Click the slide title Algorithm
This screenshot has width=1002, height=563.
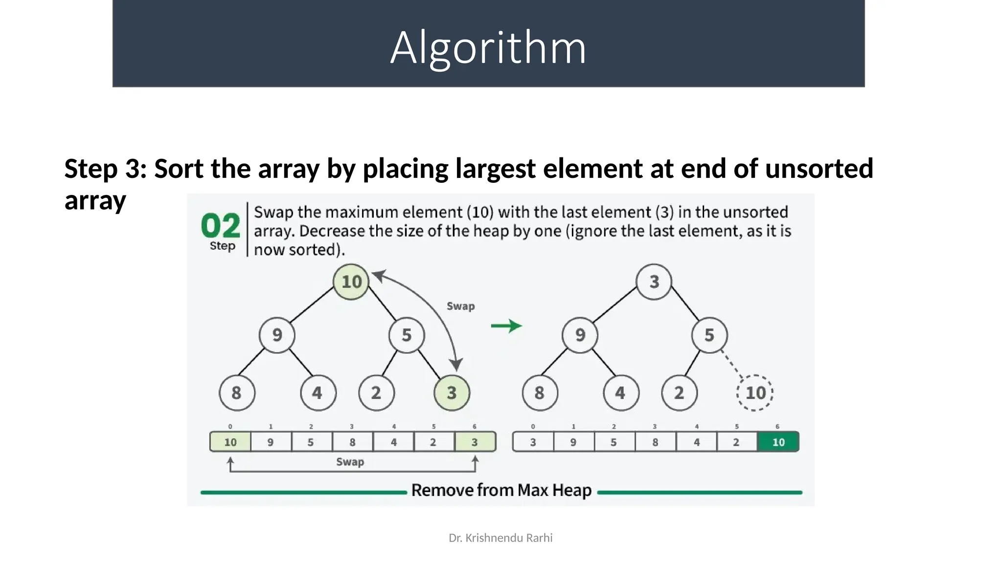coord(488,48)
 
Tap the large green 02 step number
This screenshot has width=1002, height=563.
coord(221,226)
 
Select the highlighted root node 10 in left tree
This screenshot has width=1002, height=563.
coord(351,282)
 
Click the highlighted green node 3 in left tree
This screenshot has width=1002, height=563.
coord(452,393)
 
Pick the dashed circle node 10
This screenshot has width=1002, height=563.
coord(755,393)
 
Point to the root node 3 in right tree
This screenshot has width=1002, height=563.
coord(654,282)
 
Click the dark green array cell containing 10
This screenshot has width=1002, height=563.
coord(778,442)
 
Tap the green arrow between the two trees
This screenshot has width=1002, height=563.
coord(506,326)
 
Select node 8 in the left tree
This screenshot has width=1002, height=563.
coord(237,393)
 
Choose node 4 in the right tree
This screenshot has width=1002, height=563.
coord(620,393)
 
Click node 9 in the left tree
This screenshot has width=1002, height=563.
coord(277,335)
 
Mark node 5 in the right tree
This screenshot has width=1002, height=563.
coord(709,335)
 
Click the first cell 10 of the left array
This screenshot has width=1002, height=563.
coord(230,442)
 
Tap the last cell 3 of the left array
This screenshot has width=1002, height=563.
coord(475,442)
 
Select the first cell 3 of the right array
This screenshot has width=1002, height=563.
coord(533,442)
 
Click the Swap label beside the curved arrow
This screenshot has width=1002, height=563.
coord(460,306)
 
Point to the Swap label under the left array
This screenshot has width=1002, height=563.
coord(350,462)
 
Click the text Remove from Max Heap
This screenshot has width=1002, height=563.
coord(501,490)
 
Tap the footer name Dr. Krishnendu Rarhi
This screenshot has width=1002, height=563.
coord(501,538)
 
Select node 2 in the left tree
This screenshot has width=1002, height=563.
coord(376,393)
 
